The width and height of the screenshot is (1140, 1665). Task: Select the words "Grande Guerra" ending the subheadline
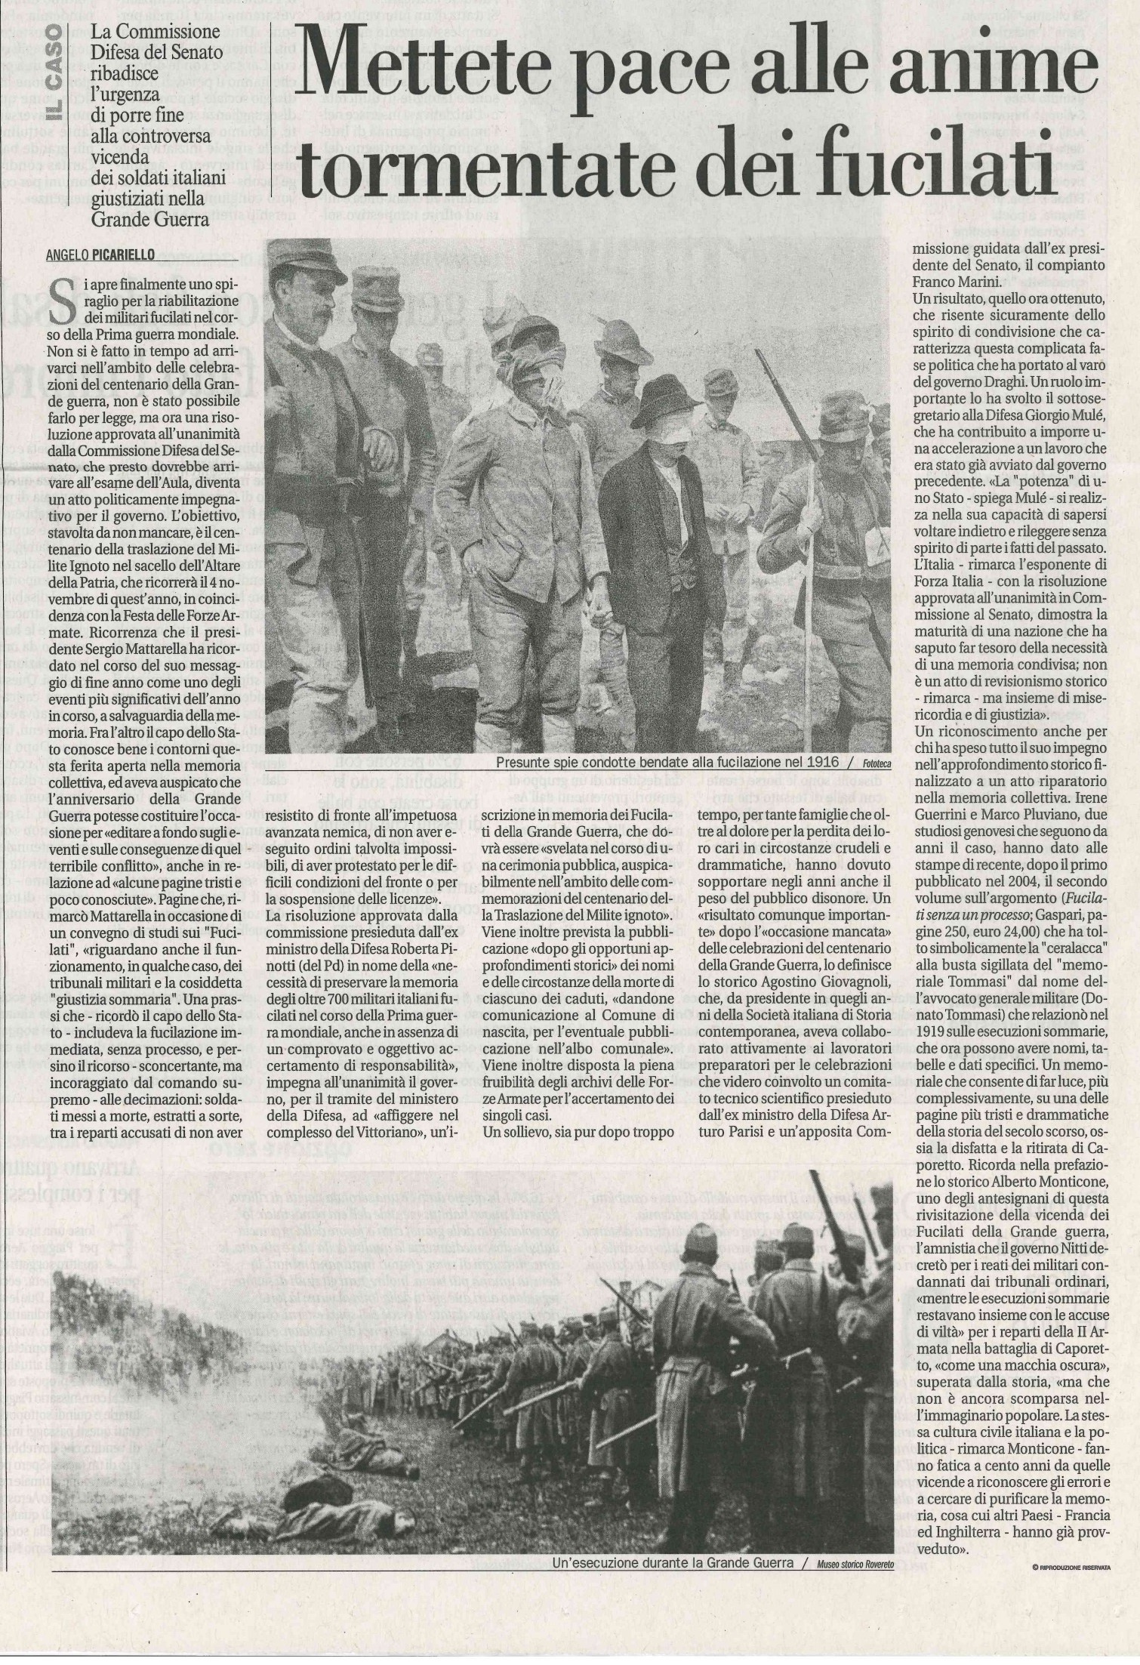tap(150, 220)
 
